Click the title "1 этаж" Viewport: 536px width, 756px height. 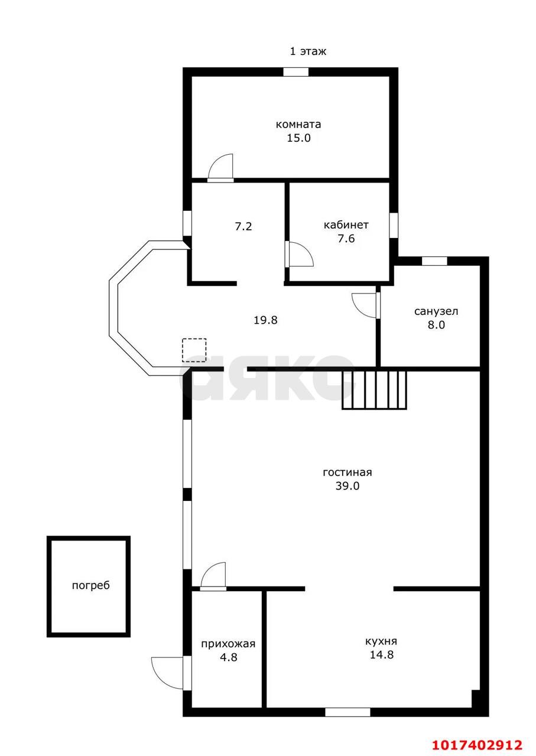[x=308, y=51]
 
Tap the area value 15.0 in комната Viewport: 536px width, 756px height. [x=298, y=138]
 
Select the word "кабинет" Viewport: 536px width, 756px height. [x=346, y=225]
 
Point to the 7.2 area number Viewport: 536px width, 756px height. [x=243, y=226]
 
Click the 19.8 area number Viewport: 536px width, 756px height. [x=265, y=320]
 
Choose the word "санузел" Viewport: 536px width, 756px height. [x=436, y=311]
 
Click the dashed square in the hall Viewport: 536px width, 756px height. [x=194, y=350]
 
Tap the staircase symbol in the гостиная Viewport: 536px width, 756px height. [x=374, y=390]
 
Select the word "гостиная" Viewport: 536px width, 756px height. [x=347, y=472]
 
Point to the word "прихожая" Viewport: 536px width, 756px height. [x=228, y=644]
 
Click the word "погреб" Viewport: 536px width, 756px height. [x=91, y=585]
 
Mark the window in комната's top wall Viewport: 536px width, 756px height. [x=296, y=72]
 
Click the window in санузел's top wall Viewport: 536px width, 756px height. [x=434, y=261]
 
